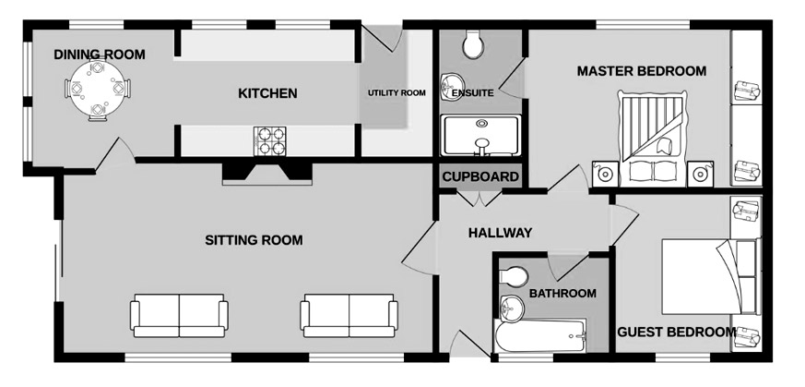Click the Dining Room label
click(x=100, y=54)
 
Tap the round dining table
click(x=97, y=90)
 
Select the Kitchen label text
click(x=267, y=93)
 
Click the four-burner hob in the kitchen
click(x=269, y=141)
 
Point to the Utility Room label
click(x=397, y=93)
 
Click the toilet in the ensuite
click(x=472, y=43)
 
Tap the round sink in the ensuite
click(x=452, y=85)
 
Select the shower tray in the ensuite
click(x=481, y=135)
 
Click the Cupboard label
click(x=480, y=176)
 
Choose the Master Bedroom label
click(x=641, y=71)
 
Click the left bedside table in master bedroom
click(x=605, y=174)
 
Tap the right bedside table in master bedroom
click(x=700, y=174)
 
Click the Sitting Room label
click(x=254, y=240)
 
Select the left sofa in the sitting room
click(x=179, y=316)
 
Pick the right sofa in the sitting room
click(x=349, y=316)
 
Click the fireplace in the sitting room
click(x=267, y=173)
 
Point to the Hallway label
click(x=500, y=234)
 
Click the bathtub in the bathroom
click(x=540, y=335)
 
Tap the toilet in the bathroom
click(x=514, y=277)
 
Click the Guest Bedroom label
click(x=676, y=332)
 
